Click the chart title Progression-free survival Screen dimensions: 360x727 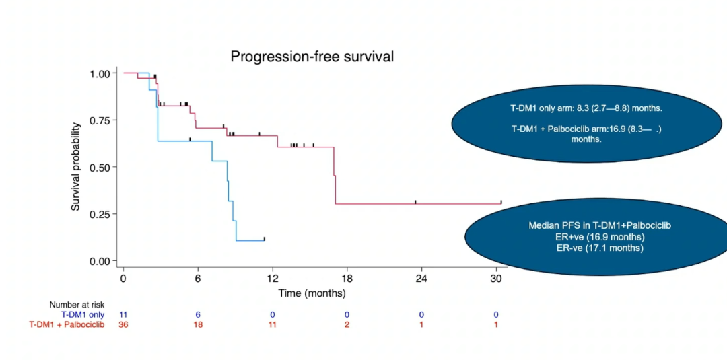pyautogui.click(x=312, y=57)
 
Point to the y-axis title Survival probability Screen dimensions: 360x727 pyautogui.click(x=76, y=166)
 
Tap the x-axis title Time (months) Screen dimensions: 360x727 pyautogui.click(x=312, y=293)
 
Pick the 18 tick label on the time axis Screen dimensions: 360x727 pyautogui.click(x=347, y=277)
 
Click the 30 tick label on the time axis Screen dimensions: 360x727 pyautogui.click(x=496, y=277)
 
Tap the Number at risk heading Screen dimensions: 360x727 pyautogui.click(x=77, y=305)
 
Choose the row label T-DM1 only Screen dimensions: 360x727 pyautogui.click(x=83, y=315)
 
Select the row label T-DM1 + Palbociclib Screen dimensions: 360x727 pyautogui.click(x=67, y=325)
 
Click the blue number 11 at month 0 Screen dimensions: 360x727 pyautogui.click(x=123, y=315)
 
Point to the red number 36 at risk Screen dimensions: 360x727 pyautogui.click(x=123, y=325)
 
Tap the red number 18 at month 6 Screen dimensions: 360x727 pyautogui.click(x=198, y=325)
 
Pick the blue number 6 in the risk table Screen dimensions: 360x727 pyautogui.click(x=198, y=315)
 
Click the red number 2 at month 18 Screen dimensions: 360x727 pyautogui.click(x=347, y=325)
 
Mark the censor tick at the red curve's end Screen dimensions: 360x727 pyautogui.click(x=501, y=202)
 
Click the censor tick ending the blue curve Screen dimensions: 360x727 pyautogui.click(x=265, y=239)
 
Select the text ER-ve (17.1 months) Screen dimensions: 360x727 pyautogui.click(x=599, y=248)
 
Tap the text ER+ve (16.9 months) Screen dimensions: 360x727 pyautogui.click(x=599, y=237)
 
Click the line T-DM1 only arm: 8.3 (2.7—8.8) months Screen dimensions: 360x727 pyautogui.click(x=586, y=108)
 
